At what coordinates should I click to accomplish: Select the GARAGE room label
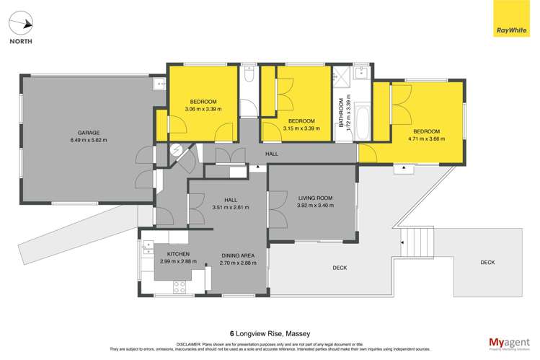[88, 133]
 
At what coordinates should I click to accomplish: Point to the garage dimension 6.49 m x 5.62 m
[88, 140]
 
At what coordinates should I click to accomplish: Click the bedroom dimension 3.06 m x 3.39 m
[203, 109]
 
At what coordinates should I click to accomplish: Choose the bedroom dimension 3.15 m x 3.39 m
[301, 128]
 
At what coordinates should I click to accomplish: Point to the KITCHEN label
[178, 255]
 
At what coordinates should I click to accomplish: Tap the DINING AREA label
[238, 255]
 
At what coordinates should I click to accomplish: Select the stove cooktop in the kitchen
[177, 286]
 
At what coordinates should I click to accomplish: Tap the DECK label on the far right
[488, 263]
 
